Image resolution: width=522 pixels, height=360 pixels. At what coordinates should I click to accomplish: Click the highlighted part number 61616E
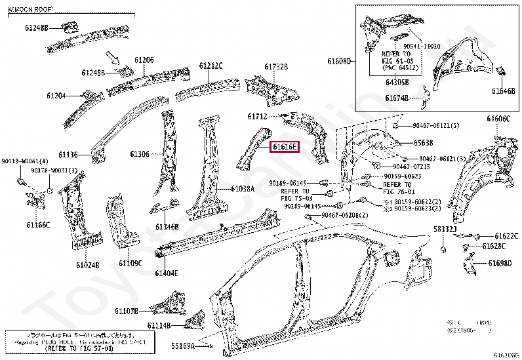[285, 147]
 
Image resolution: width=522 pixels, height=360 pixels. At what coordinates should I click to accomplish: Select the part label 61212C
[211, 66]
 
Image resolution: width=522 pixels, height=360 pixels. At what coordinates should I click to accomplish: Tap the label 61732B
[276, 66]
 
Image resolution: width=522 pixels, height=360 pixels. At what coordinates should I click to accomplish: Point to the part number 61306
[140, 154]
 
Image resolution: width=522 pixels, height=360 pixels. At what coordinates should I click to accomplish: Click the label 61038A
[242, 189]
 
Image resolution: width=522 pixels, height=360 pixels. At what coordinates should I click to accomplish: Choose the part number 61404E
[167, 272]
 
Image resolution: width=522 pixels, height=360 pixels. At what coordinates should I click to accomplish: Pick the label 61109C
[130, 263]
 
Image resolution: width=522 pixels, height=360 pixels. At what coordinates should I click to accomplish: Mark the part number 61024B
[87, 265]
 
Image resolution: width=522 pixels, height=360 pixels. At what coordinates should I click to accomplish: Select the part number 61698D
[500, 264]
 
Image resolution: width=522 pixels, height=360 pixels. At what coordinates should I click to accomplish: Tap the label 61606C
[498, 119]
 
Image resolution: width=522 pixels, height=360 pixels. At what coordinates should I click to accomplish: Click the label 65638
[423, 142]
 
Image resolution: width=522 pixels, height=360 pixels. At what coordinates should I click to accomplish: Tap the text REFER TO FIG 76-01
[397, 189]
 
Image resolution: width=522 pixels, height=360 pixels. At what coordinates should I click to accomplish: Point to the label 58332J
[444, 230]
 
